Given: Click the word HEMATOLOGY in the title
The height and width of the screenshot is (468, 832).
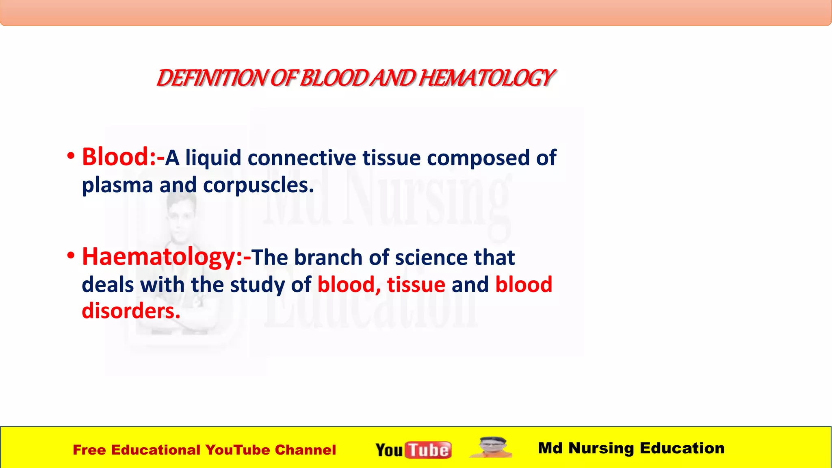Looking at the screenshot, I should coord(486,78).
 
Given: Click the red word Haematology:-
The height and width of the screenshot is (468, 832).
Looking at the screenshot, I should coord(166,257).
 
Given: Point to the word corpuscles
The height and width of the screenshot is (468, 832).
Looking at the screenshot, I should coord(258,185).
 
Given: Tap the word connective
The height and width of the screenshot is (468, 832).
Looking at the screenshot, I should coord(302,158).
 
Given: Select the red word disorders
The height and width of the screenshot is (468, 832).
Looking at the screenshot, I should coord(131,311).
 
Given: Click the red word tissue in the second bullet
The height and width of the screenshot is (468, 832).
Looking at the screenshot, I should coord(416,284).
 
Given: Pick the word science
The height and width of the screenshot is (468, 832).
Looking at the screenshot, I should coord(431,258).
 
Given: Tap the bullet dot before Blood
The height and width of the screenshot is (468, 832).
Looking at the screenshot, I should coord(71,156).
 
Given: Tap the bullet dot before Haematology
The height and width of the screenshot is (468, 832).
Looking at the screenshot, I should coord(71,256).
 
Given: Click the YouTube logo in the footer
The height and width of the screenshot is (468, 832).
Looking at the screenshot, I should coord(413,450).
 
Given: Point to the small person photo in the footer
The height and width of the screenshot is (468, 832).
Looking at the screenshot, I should coord(492,447).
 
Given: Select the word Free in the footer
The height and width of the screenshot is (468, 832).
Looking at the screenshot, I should coord(89,450).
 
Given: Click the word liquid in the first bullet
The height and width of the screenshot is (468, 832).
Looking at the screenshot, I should coord(213,158).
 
